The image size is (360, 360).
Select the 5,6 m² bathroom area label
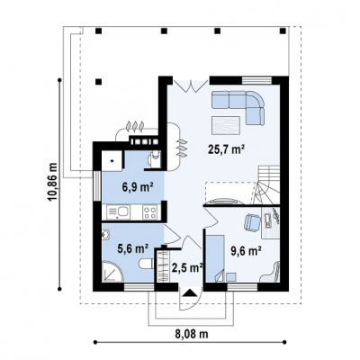point(133,248)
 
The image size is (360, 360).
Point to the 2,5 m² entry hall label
point(187,267)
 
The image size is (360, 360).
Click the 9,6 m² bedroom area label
point(245,250)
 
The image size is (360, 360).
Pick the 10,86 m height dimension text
point(53,183)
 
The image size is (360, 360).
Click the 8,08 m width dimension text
point(192,334)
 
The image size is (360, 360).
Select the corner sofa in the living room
point(238,107)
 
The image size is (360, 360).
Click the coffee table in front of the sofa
point(226,125)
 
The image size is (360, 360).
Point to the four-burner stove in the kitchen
point(150,212)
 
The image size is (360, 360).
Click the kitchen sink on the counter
point(119,212)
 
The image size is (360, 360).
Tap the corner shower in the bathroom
point(112,271)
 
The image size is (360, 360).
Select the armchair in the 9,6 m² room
point(253,222)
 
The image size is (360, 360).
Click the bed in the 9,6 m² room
point(215,258)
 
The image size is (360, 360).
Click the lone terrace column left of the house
point(98,82)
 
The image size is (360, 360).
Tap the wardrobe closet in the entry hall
point(162,265)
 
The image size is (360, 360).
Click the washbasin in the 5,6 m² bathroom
point(105,234)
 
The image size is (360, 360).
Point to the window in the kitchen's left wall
point(97,186)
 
